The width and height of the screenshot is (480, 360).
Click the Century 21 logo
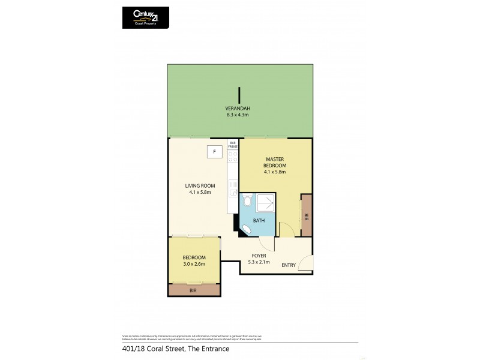[145, 17]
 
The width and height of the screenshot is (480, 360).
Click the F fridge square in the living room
[214, 151]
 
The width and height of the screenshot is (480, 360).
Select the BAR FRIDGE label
[232, 144]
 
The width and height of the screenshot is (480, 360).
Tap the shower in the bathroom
[268, 204]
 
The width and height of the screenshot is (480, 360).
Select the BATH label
[259, 221]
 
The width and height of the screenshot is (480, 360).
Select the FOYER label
[259, 256]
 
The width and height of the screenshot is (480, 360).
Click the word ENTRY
[289, 265]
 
